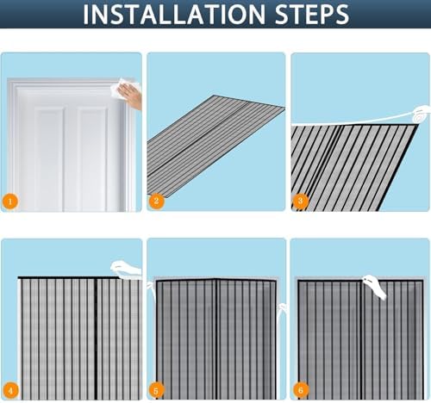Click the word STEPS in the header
312,14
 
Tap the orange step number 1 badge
10,201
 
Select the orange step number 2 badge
156,201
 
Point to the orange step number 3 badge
300,201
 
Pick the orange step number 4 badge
10,390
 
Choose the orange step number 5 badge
156,391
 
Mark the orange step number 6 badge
301,390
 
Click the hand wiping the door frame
131,96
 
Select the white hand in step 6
375,287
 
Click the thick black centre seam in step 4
96,338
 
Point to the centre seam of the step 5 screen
216,339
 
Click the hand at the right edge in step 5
282,310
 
